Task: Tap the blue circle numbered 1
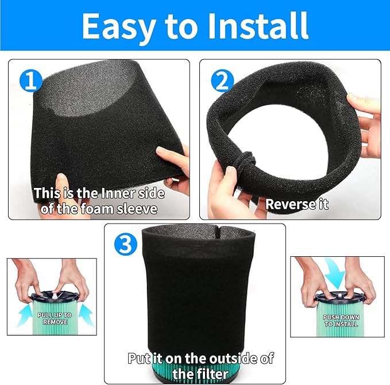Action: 30,80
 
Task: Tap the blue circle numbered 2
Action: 222,80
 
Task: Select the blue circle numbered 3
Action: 126,244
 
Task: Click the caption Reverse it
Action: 297,205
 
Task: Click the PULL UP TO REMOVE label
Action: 55,318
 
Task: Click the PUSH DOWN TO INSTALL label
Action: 341,321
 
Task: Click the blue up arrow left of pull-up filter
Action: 25,315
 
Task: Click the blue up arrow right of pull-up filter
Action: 86,315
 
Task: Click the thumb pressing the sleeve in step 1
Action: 61,184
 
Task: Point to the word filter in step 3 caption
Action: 200,374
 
